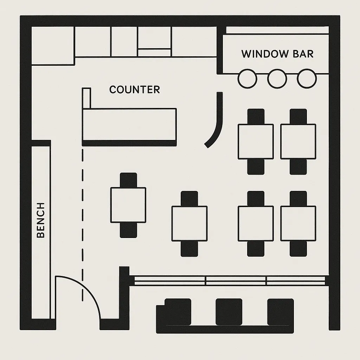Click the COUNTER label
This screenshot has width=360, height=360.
[x=135, y=90]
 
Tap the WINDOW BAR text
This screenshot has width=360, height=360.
[x=277, y=54]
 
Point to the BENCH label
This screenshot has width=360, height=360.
[x=41, y=220]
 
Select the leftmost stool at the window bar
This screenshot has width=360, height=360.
[x=247, y=79]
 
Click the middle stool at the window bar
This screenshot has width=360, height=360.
[x=277, y=79]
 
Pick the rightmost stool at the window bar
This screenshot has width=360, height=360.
[x=307, y=78]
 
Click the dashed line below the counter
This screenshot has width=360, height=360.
[x=83, y=225]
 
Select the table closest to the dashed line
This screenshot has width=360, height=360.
[x=128, y=205]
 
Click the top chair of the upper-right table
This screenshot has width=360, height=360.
[x=298, y=117]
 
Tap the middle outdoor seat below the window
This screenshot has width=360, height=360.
[x=229, y=312]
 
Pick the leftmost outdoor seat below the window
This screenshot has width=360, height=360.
[x=178, y=312]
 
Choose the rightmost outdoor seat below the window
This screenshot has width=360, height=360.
[x=281, y=312]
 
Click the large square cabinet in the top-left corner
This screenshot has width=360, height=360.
[x=53, y=46]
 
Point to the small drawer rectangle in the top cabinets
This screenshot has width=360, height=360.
[x=154, y=53]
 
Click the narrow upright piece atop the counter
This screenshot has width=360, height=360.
[x=86, y=98]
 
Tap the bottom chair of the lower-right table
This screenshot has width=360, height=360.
[x=298, y=249]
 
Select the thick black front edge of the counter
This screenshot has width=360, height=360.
[x=129, y=143]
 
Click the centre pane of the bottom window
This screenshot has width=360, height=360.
[x=236, y=281]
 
